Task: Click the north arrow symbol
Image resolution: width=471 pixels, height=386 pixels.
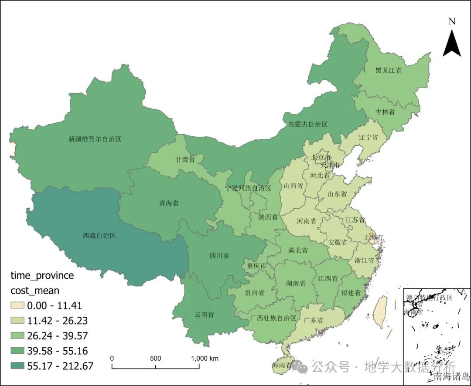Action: click(452, 42)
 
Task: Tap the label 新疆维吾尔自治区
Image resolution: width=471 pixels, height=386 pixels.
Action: click(95, 139)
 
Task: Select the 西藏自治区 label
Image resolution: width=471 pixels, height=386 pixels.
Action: click(99, 236)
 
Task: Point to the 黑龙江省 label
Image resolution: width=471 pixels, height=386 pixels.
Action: click(388, 70)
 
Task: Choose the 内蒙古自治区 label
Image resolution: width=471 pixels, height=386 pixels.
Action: click(307, 124)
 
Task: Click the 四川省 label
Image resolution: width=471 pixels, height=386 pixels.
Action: click(219, 256)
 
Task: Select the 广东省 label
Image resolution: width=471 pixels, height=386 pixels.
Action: click(313, 320)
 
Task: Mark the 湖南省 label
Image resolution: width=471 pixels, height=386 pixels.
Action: click(295, 283)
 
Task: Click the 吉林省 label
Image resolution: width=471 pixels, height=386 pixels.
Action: click(385, 112)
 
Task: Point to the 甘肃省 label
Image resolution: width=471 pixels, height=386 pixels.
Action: click(184, 159)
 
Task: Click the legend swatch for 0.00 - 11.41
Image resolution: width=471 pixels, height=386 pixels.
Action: click(17, 306)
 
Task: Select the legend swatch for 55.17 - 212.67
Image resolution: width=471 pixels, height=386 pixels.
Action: click(17, 366)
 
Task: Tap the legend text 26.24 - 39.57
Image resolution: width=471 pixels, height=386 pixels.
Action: click(57, 336)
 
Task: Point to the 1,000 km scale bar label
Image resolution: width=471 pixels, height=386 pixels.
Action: click(205, 359)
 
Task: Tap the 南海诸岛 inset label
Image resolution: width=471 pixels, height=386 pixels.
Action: click(451, 376)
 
